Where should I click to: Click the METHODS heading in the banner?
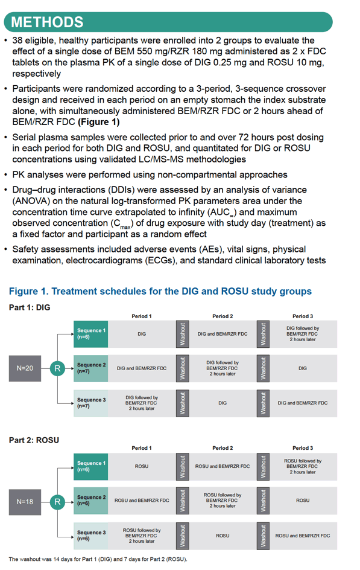[x=47, y=22]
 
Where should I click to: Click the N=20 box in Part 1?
[x=25, y=368]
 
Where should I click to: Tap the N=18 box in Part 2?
[x=25, y=502]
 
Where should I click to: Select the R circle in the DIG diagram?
[x=57, y=368]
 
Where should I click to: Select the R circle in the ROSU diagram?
[x=57, y=502]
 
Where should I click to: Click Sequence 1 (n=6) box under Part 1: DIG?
[x=90, y=334]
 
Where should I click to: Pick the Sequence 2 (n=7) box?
[x=90, y=368]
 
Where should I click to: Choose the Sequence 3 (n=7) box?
[x=90, y=403]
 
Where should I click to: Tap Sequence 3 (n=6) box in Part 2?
[x=90, y=536]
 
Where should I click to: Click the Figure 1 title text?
[x=160, y=291]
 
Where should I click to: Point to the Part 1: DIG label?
[x=30, y=307]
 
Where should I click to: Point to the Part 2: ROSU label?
[x=34, y=440]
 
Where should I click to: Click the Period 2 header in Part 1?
[x=223, y=316]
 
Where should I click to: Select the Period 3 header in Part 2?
[x=303, y=448]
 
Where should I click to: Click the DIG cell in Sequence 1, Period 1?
[x=142, y=334]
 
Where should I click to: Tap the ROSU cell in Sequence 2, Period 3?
[x=303, y=501]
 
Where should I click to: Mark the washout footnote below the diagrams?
[x=98, y=559]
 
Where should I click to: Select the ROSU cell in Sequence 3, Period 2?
[x=223, y=536]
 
